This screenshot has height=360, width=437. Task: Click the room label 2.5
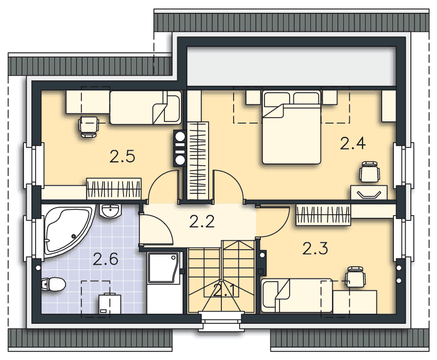click(x=122, y=156)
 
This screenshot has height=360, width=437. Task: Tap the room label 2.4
click(x=353, y=144)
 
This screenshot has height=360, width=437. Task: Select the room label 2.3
click(x=315, y=249)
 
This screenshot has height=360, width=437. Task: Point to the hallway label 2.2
click(x=202, y=222)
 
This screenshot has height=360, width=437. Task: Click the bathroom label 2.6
click(x=105, y=259)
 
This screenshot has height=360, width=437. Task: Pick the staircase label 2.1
click(x=226, y=290)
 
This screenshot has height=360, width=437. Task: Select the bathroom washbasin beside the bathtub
click(x=110, y=211)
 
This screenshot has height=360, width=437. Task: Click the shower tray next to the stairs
click(x=163, y=268)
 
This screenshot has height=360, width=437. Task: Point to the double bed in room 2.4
click(x=291, y=127)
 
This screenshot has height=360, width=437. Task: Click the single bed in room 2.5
click(x=145, y=108)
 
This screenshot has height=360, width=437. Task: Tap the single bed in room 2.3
click(x=297, y=296)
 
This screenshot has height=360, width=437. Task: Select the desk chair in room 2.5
click(x=89, y=126)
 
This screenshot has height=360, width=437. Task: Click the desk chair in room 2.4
click(x=369, y=171)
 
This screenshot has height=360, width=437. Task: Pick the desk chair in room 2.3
click(x=356, y=276)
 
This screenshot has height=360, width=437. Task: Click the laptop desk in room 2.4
click(x=369, y=192)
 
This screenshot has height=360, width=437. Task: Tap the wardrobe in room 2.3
click(x=323, y=215)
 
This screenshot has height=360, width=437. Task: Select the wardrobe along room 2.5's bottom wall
click(x=114, y=189)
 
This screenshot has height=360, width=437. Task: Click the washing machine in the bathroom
click(x=110, y=304)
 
